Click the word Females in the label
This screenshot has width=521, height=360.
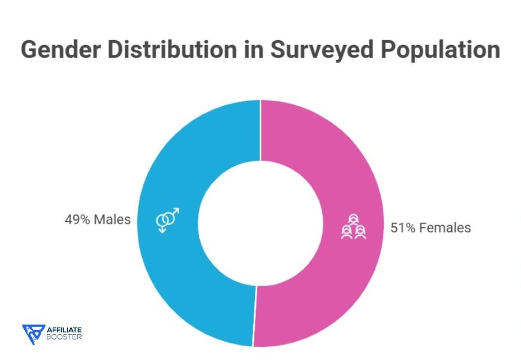point(445,228)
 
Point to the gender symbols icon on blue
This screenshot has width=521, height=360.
point(167,220)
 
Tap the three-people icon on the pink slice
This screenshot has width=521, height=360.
point(354,227)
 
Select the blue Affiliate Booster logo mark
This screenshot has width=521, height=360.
point(33,334)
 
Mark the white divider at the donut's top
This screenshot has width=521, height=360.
point(260,130)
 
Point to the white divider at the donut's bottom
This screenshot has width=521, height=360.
point(254,316)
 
